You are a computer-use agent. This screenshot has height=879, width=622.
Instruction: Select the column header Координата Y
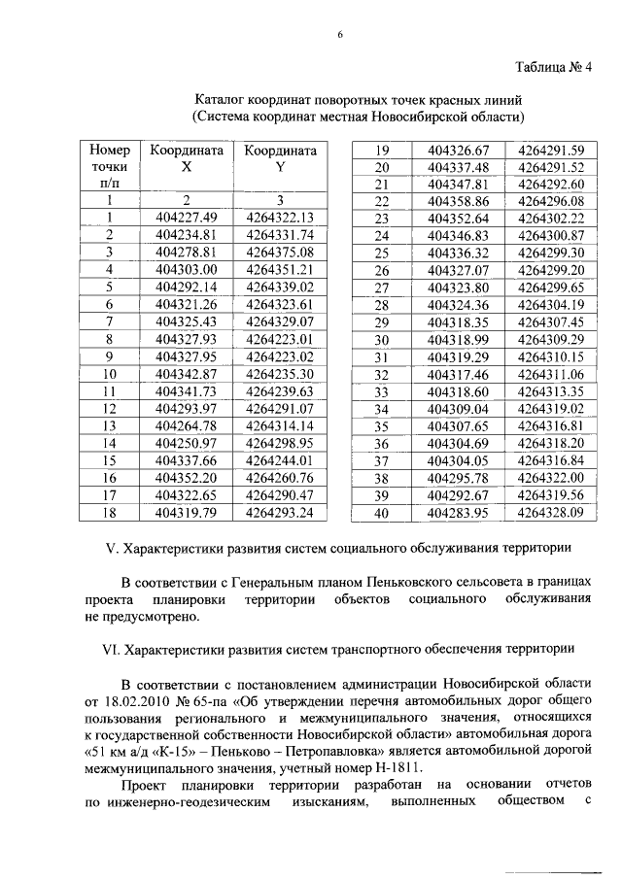(280, 158)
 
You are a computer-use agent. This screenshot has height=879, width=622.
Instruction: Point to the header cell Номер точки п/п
(109, 166)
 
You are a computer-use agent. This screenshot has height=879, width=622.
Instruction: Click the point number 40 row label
(381, 513)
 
